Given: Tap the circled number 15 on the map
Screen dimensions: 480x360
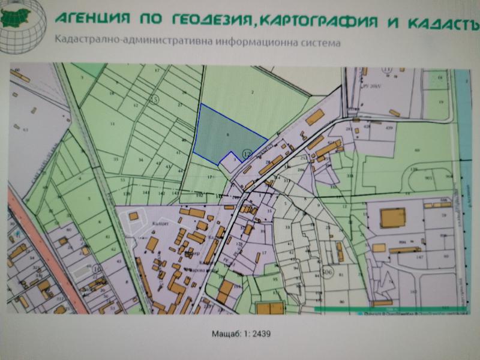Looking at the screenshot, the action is click(x=154, y=99).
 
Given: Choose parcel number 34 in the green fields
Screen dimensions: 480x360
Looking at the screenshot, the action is click(x=141, y=160).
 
